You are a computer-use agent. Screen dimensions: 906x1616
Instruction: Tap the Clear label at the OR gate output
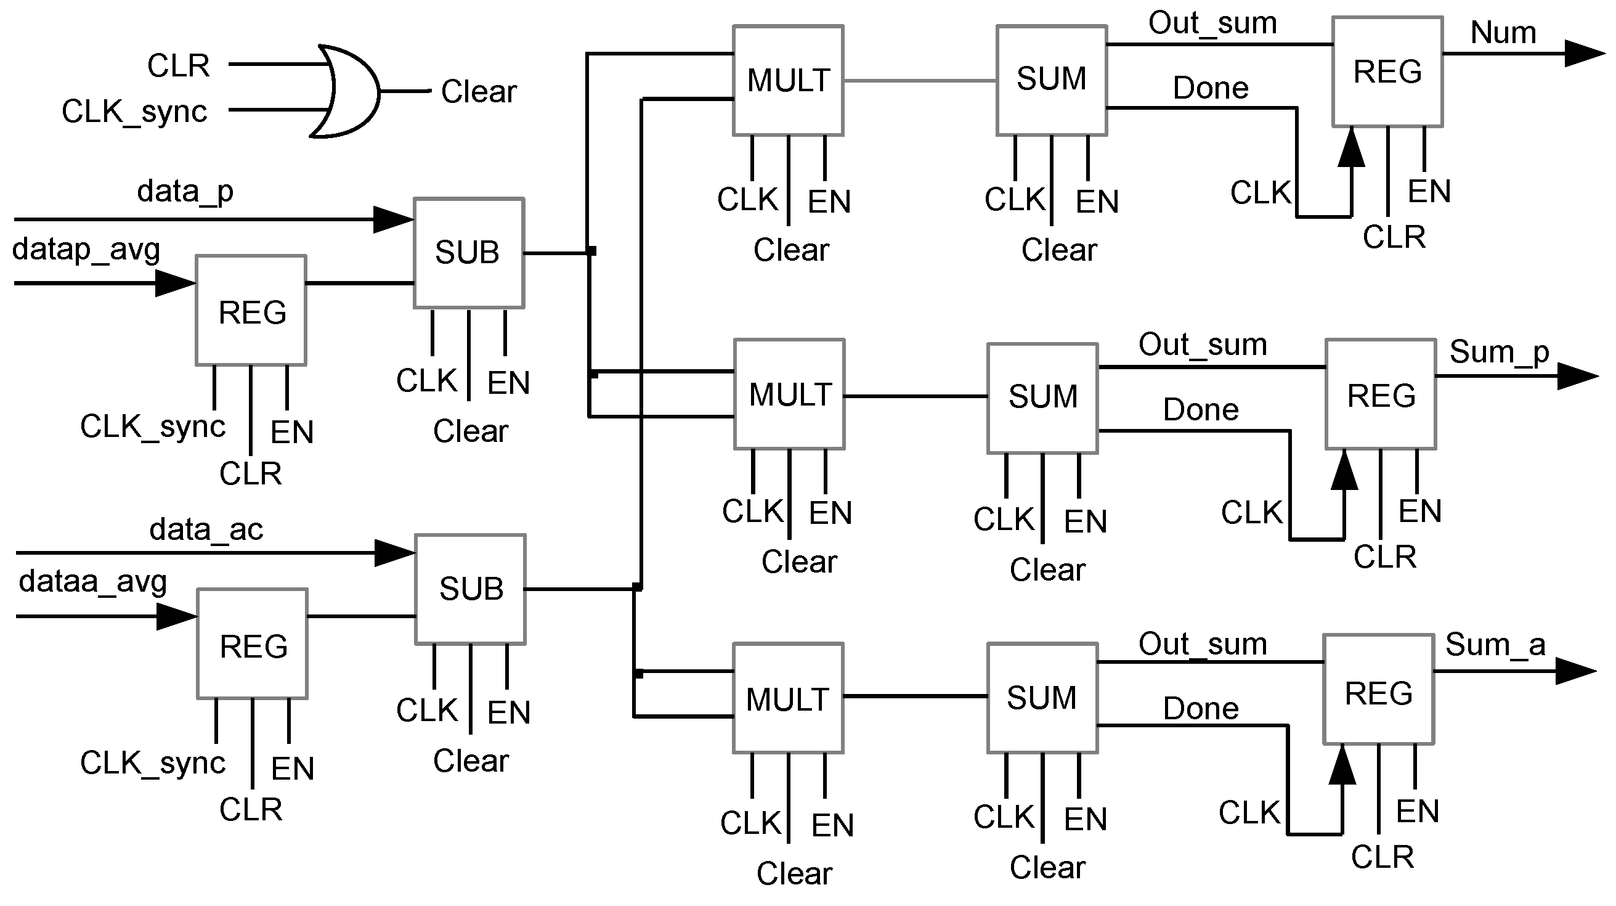pos(479,92)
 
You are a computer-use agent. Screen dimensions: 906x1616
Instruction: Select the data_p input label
pos(185,190)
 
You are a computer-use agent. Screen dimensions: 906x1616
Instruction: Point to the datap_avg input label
pos(86,250)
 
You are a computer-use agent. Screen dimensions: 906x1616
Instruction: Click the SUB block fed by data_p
pos(469,253)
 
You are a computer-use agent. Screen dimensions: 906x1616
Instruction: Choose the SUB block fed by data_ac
pos(471,589)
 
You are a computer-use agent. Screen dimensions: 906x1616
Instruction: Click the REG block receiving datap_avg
pos(251,311)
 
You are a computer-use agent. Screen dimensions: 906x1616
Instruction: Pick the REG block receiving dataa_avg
pos(253,643)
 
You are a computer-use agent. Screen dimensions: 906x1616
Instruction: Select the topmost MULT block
pos(788,80)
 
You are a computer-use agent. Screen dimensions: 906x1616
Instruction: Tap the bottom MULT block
pos(788,698)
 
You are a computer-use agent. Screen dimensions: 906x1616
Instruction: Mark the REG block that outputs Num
pos(1387,71)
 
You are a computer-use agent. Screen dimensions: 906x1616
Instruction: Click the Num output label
pos(1503,33)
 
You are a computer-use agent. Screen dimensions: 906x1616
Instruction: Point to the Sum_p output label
pos(1498,352)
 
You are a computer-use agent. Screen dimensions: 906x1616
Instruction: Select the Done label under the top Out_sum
pos(1210,89)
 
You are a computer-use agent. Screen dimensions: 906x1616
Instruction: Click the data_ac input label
pos(206,530)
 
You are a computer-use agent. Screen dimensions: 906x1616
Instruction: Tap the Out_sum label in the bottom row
pos(1203,644)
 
